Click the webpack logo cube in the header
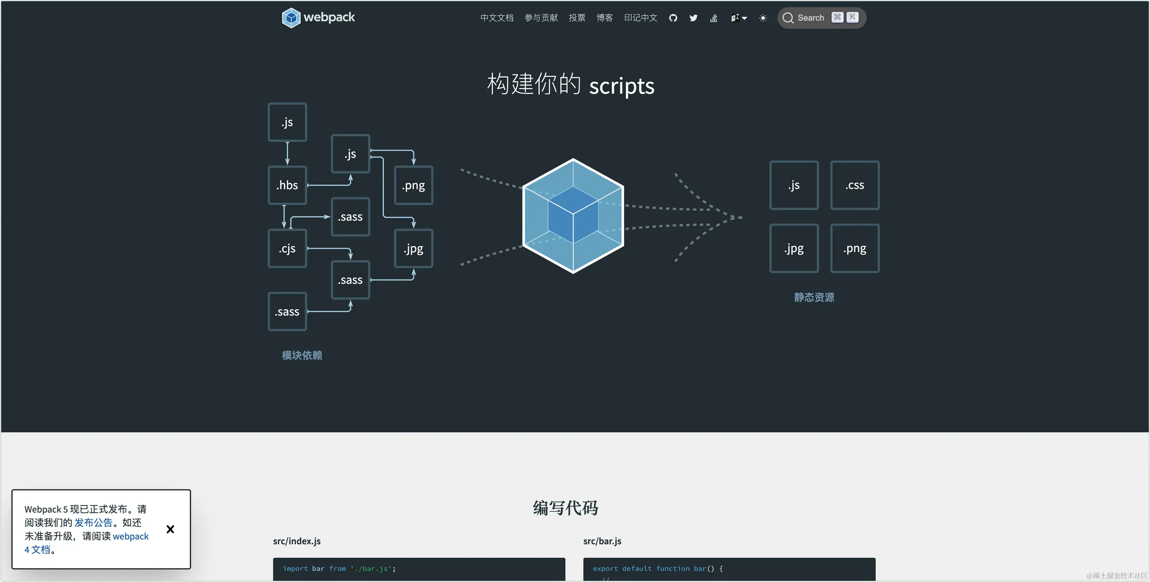click(291, 18)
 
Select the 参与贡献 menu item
click(541, 18)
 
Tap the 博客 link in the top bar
click(604, 18)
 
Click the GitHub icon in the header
click(673, 18)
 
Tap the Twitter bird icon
click(693, 18)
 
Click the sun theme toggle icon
click(763, 18)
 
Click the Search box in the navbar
click(821, 18)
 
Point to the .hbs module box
click(287, 185)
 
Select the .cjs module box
click(287, 249)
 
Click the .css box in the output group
click(855, 185)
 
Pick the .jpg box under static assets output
click(794, 248)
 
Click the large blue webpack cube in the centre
click(573, 216)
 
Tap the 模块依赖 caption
click(302, 355)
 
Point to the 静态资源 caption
click(814, 297)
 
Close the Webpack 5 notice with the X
click(170, 529)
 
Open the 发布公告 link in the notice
click(93, 523)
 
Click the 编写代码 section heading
click(565, 508)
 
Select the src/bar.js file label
click(602, 541)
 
